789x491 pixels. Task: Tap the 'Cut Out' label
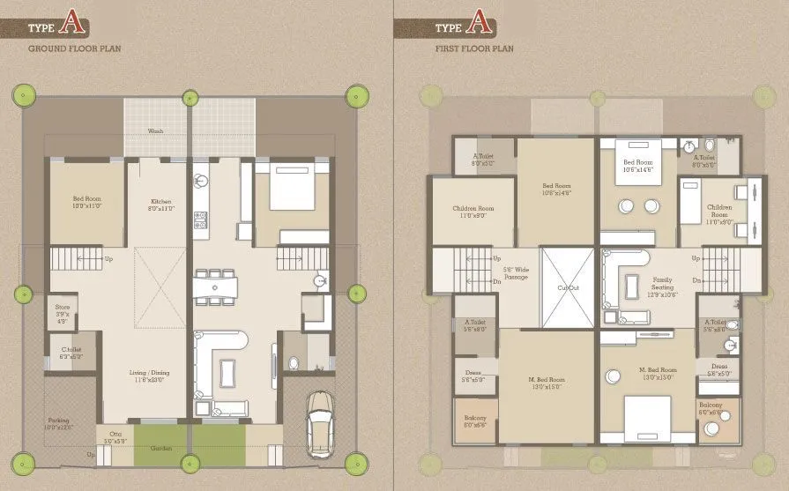567,287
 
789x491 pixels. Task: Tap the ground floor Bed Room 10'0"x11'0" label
87,202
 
